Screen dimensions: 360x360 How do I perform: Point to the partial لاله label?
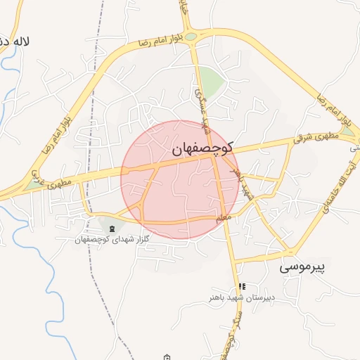pos(15,41)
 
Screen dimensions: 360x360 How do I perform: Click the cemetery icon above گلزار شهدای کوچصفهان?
pos(112,228)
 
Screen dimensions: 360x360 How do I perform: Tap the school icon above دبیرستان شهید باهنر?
pos(242,286)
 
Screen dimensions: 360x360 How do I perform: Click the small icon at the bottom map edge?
pos(166,356)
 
